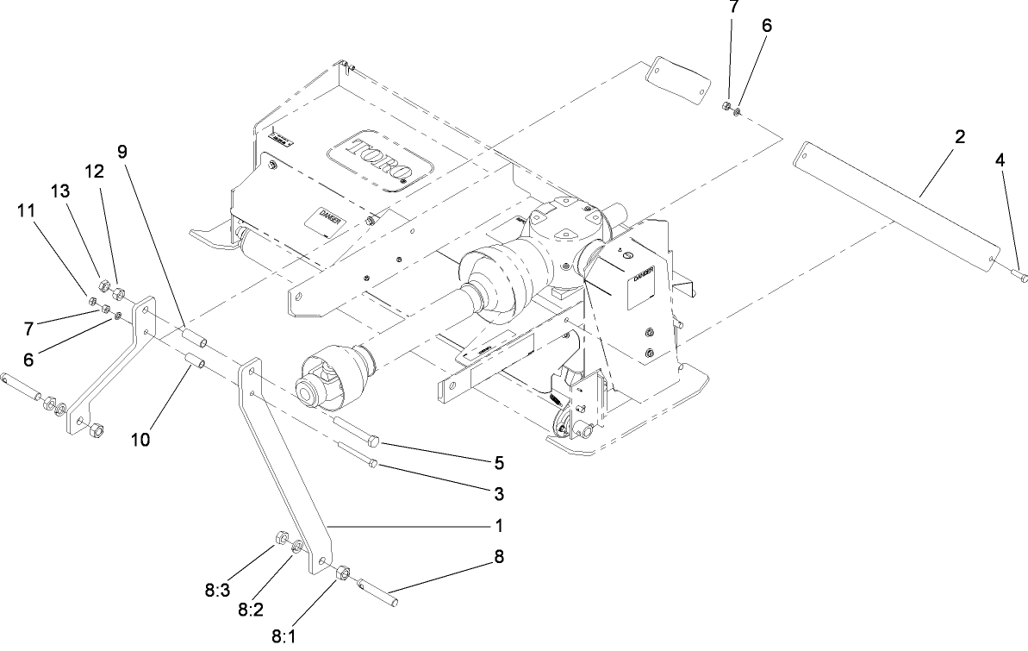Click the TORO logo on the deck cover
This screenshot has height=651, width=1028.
[378, 160]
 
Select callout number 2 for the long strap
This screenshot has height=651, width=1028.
[960, 137]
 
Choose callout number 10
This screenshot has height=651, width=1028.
[140, 439]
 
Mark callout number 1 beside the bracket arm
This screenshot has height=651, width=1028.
[498, 524]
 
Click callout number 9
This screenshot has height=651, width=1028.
[122, 151]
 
